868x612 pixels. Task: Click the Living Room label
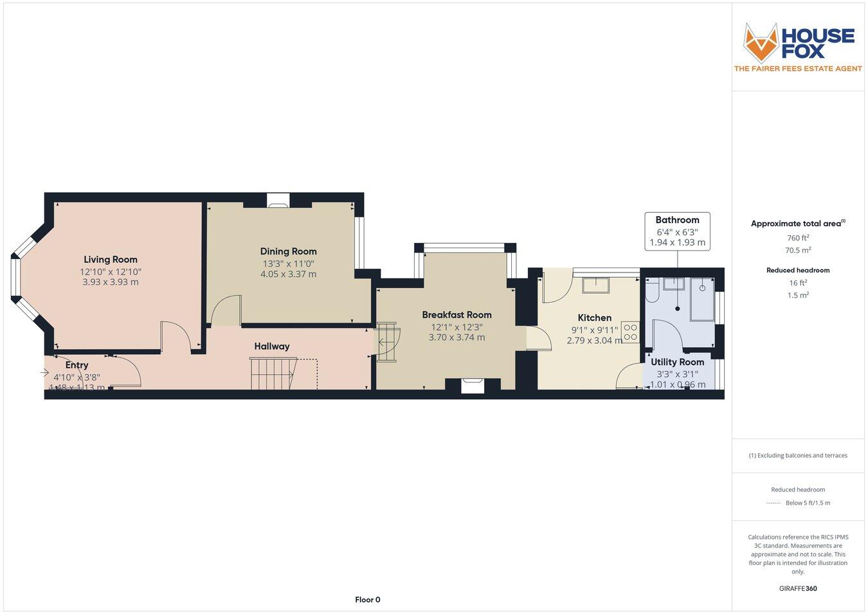pos(111,260)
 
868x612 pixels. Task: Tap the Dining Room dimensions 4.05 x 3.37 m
pos(288,274)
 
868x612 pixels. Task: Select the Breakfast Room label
pos(457,315)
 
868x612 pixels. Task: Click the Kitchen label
pos(594,318)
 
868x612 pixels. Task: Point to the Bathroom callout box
pos(677,231)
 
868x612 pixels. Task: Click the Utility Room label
pos(677,362)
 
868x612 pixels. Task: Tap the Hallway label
pos(271,346)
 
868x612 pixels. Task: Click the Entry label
pos(77,365)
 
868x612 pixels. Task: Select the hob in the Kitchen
pos(630,332)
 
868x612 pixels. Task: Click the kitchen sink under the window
pos(595,284)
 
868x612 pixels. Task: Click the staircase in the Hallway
pos(272,373)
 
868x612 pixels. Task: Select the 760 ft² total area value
pos(798,238)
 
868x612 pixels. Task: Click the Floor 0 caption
pos(368,600)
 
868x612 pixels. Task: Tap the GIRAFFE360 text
pos(798,588)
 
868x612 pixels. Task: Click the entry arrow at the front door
pos(44,372)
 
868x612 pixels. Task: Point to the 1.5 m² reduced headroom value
pos(798,296)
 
